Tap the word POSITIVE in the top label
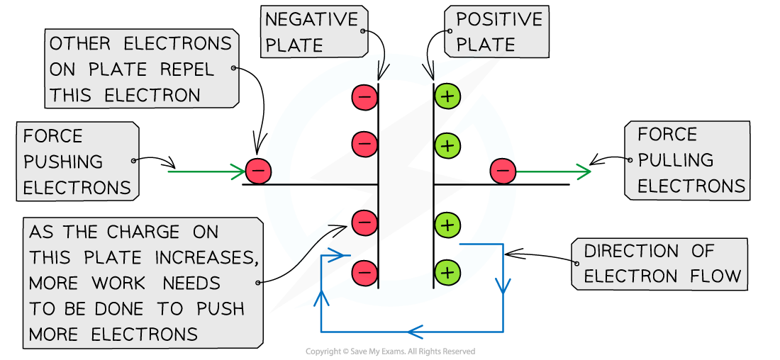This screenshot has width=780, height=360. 498,20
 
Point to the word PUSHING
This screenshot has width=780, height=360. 63,162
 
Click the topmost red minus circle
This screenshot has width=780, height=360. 364,96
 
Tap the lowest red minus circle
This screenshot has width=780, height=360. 364,272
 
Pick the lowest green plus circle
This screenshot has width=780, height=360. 447,272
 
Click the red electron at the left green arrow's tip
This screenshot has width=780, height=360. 258,171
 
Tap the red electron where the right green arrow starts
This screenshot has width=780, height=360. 503,171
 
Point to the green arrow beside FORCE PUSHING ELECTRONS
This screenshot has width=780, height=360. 206,171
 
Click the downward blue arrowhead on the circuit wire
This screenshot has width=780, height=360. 503,286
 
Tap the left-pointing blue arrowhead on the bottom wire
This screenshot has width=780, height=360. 415,331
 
